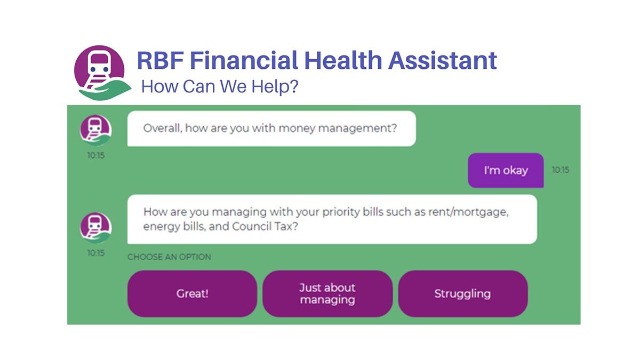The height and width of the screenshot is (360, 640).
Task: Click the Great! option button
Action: pyautogui.click(x=192, y=294)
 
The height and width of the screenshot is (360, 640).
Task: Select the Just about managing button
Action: pyautogui.click(x=327, y=294)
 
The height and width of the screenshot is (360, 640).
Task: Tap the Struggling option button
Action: pyautogui.click(x=462, y=294)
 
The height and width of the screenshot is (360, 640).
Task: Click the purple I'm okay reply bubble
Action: pyautogui.click(x=506, y=171)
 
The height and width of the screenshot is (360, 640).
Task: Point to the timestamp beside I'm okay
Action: pyautogui.click(x=560, y=170)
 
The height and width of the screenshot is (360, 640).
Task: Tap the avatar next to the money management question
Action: pyautogui.click(x=96, y=130)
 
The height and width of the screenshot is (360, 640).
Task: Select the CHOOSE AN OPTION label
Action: pyautogui.click(x=169, y=257)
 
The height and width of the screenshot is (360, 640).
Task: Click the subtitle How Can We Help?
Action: pyautogui.click(x=219, y=86)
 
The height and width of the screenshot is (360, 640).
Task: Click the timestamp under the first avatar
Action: pyautogui.click(x=96, y=156)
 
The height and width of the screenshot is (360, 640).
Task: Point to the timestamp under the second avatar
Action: pyautogui.click(x=96, y=253)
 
